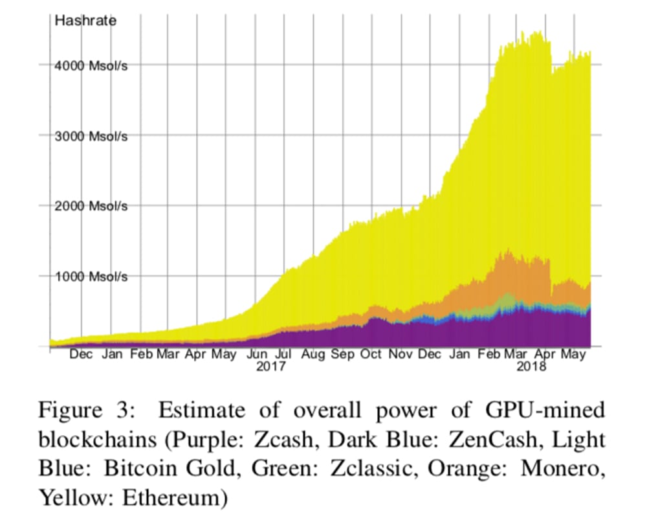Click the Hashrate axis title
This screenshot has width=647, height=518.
(x=85, y=21)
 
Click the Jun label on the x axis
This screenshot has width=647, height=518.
(x=257, y=355)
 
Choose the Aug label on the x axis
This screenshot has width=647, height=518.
(x=313, y=355)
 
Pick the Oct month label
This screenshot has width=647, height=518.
(x=371, y=355)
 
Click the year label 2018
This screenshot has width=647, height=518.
(x=532, y=366)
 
